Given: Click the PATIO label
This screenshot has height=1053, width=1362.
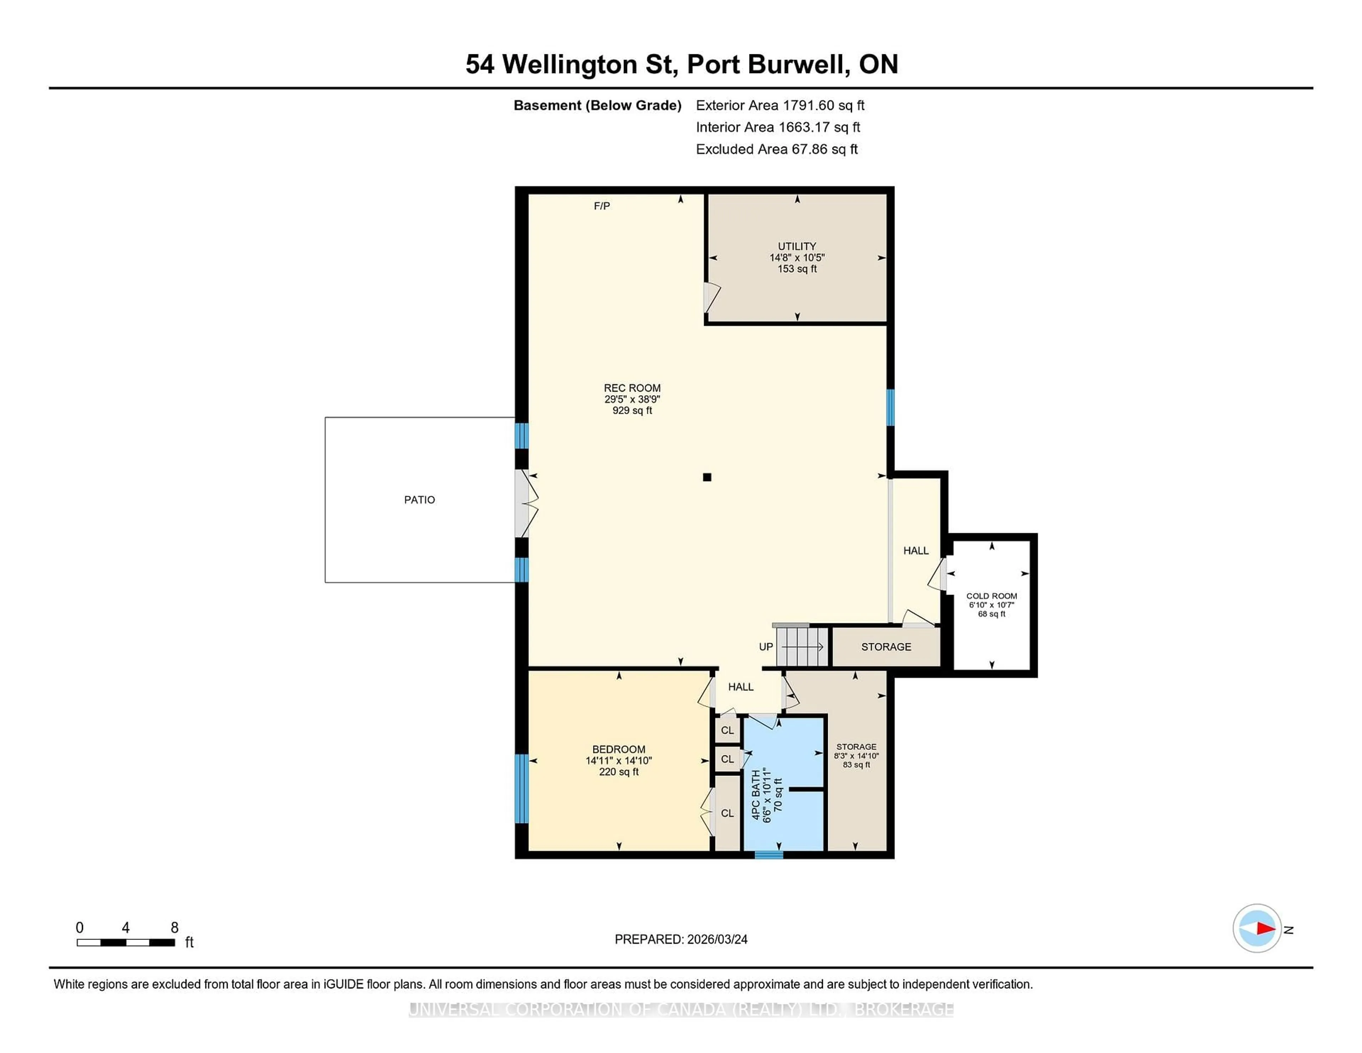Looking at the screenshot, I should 419,500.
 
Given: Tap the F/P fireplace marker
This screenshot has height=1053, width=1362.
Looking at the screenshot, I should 601,206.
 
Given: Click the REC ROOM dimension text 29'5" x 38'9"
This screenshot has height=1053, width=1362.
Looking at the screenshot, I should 632,399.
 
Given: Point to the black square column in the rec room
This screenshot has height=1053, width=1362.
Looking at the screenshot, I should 707,477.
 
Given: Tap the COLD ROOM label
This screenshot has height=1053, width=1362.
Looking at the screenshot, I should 991,596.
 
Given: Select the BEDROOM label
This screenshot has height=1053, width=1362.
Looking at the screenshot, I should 618,749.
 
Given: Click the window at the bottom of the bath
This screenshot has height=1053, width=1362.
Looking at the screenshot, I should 768,855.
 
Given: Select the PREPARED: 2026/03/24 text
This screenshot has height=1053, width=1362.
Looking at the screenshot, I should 680,939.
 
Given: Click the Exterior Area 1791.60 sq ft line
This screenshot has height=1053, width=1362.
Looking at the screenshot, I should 780,105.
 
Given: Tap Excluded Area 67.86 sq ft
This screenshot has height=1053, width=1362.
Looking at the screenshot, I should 776,149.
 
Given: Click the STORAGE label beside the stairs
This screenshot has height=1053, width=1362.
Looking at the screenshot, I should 886,647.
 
